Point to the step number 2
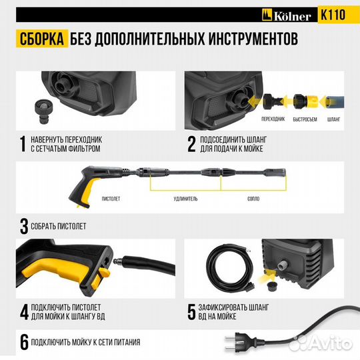click(x=191, y=145)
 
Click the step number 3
click(x=24, y=226)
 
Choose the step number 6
click(x=24, y=343)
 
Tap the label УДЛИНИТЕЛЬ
click(x=185, y=198)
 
